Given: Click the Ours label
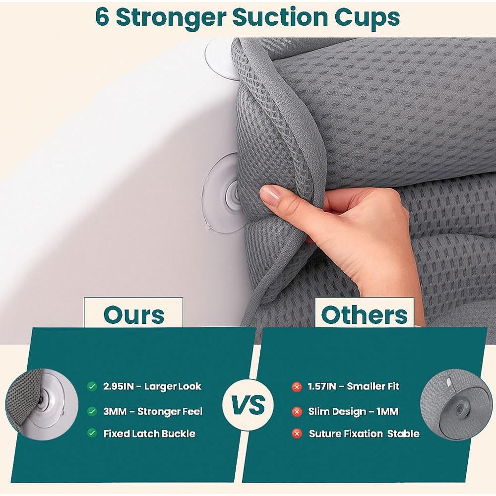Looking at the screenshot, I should [133, 314].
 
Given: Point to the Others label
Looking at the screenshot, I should [365, 314].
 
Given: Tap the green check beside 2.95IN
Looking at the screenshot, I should [92, 386].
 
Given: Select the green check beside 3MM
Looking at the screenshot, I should [92, 411].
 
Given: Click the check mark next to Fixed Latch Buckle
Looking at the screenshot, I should [92, 433].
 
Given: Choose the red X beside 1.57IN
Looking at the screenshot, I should [297, 386].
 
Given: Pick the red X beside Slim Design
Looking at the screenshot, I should [297, 411].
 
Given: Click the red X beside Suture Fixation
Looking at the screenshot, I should [297, 434].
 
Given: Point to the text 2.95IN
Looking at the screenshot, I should [119, 386].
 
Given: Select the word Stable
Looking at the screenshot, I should [403, 434].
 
